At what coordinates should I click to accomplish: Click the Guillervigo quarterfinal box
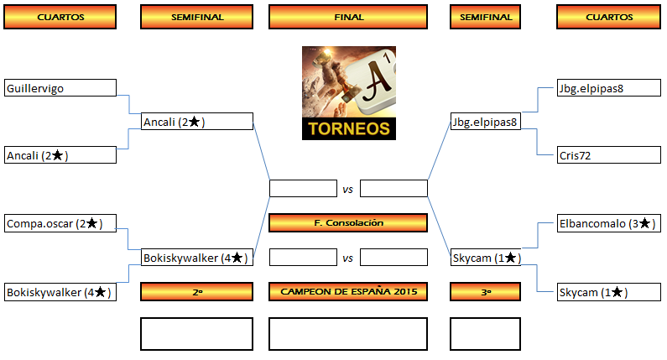point(60,88)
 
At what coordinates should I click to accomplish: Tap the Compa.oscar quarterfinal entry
point(60,224)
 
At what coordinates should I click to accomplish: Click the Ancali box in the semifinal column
point(197,122)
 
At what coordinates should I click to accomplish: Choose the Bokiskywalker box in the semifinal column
point(197,258)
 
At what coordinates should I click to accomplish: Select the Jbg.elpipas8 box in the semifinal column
point(486,122)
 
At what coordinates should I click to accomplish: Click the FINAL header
point(348,17)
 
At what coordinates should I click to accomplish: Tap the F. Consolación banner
point(348,223)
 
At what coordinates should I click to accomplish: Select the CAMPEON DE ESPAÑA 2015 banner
point(348,291)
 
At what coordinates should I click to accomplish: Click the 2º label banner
point(196,291)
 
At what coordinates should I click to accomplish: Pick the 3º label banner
point(486,291)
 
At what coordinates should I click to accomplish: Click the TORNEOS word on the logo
point(349,129)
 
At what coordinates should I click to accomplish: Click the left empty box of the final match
point(303,189)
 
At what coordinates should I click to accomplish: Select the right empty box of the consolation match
point(393,257)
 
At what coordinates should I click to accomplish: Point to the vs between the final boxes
point(348,190)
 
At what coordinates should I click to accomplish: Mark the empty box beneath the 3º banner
point(486,333)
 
